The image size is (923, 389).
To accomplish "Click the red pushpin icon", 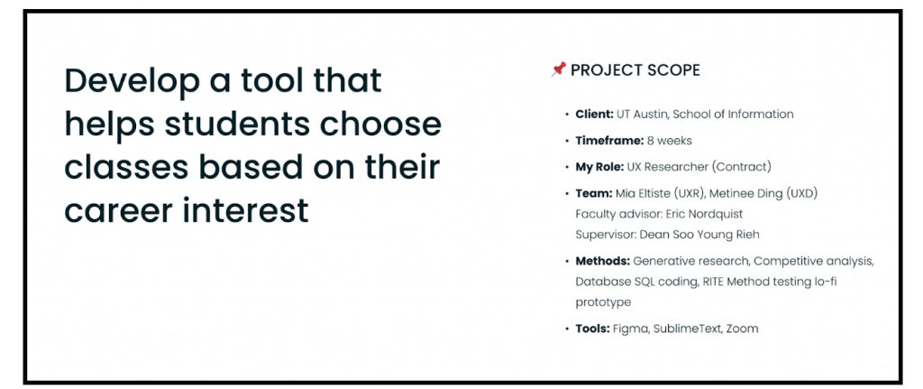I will [558, 69].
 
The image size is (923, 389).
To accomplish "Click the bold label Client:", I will [595, 115].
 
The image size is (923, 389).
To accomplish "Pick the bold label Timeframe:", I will [609, 141].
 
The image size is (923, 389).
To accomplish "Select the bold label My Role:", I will [599, 167].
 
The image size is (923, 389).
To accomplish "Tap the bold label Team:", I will [593, 193].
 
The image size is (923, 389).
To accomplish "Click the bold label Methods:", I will [603, 261].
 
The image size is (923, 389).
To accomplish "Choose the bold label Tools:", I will [592, 329].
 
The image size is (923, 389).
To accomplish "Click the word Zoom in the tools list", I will [742, 329].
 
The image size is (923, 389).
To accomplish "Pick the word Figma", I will [628, 329].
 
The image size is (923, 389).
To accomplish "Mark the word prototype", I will [603, 302].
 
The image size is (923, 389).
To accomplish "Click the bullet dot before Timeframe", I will [566, 141].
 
